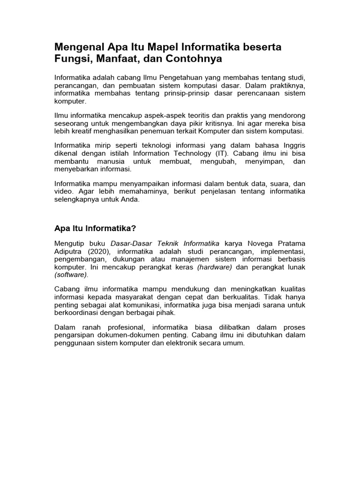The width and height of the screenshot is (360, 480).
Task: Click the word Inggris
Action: [x=292, y=145]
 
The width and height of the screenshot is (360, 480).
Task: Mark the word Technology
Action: [x=200, y=153]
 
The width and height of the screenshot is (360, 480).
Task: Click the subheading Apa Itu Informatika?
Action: [x=95, y=228]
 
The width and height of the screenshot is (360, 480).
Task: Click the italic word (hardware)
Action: [x=215, y=267]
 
